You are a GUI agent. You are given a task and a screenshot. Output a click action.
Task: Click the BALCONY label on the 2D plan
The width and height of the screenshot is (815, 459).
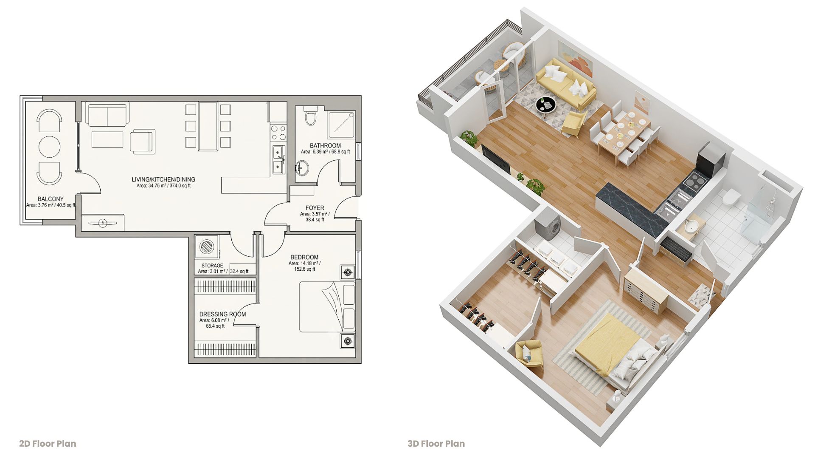pos(51,199)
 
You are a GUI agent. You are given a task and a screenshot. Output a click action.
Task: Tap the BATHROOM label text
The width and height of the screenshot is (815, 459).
pos(325,145)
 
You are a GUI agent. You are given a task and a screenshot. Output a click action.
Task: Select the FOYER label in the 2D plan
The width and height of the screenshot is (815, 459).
pos(315,208)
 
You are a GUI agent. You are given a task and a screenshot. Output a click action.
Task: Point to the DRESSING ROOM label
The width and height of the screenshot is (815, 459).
pos(222,314)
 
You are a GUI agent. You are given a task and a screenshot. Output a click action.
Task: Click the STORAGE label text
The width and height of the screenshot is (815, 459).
pos(212,266)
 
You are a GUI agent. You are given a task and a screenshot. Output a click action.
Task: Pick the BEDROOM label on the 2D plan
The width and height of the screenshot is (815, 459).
pos(304,257)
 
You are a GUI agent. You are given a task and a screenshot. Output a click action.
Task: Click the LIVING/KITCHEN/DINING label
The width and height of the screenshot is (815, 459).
pos(163,179)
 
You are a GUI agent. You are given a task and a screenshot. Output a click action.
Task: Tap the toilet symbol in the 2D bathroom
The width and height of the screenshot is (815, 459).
pos(311,115)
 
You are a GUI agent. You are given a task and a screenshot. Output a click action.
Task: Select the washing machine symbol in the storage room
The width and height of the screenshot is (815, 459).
pos(207,246)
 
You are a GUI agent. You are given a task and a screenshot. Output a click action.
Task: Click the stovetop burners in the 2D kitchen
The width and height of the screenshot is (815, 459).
pos(278,132)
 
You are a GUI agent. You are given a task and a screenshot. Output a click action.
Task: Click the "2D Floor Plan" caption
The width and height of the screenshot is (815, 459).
pos(48,444)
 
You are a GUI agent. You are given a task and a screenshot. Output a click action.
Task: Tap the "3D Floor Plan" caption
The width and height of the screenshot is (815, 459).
pos(436,444)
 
